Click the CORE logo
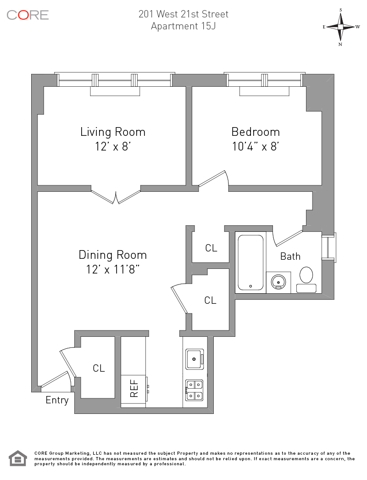[x=28, y=15]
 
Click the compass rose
[x=340, y=27]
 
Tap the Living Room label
[x=113, y=132]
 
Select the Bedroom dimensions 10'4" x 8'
[x=255, y=147]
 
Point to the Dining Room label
[x=113, y=255]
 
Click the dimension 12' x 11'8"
[x=113, y=270]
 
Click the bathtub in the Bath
[x=250, y=262]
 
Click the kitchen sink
[x=195, y=359]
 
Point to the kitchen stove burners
[x=195, y=390]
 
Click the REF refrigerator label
[x=134, y=389]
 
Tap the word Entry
[x=57, y=400]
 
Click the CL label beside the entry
[x=99, y=368]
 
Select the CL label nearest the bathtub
[x=211, y=248]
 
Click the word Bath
[x=290, y=256]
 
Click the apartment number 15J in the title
[x=208, y=26]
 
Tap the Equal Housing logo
[x=18, y=458]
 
